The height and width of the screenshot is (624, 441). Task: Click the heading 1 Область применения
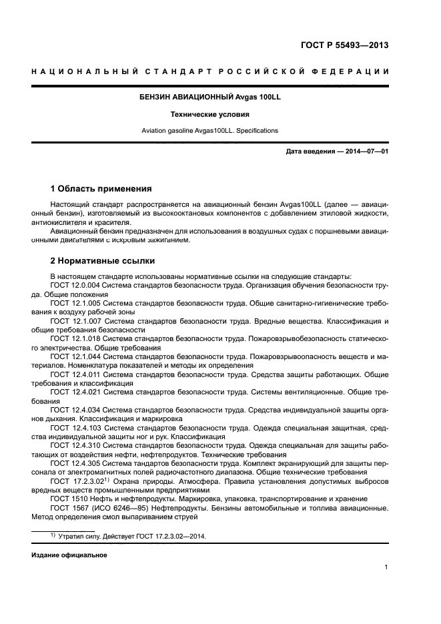(x=101, y=189)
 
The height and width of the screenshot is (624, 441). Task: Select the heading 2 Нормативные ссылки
(x=103, y=261)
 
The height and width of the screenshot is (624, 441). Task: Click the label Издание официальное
(x=69, y=555)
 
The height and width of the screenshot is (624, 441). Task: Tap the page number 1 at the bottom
(x=386, y=567)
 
